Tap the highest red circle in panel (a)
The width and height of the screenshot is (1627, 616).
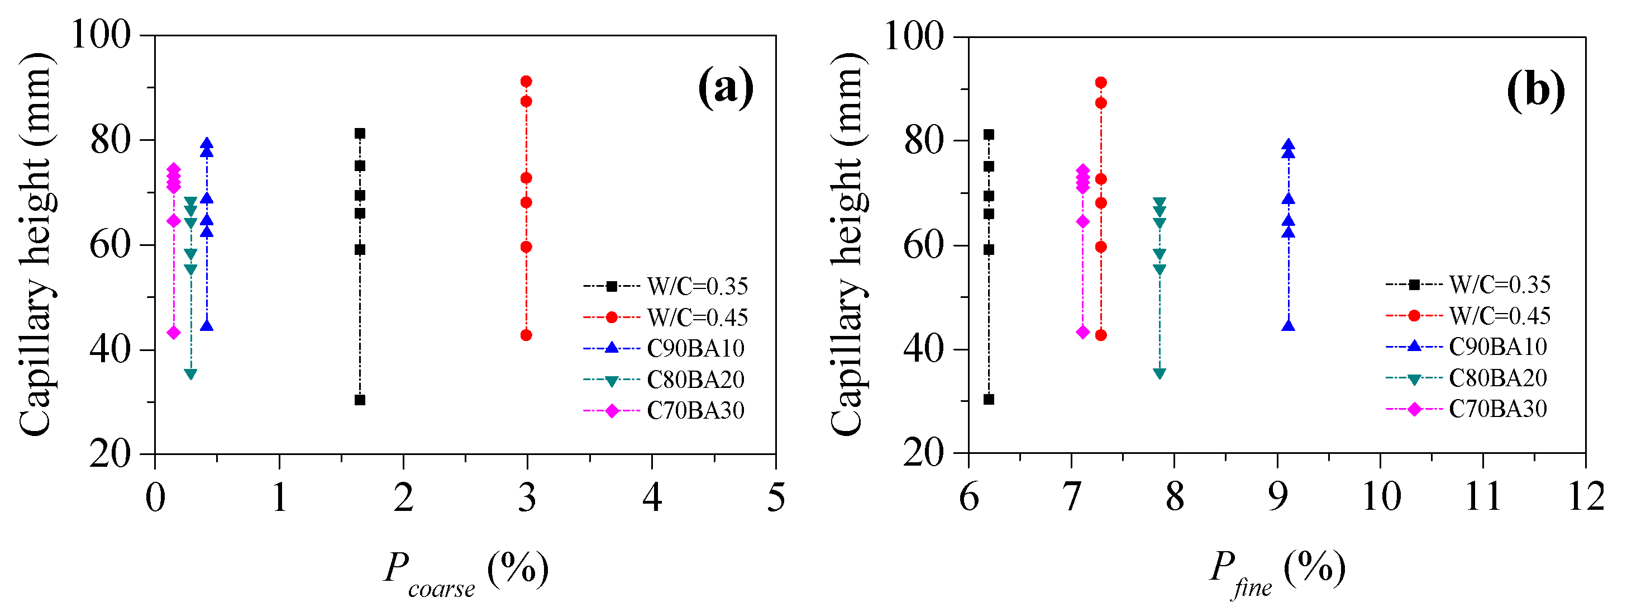(x=526, y=82)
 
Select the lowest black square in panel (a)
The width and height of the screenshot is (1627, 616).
(x=360, y=400)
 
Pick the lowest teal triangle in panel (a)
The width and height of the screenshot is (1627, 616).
(x=190, y=374)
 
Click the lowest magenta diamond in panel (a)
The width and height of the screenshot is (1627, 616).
(x=174, y=333)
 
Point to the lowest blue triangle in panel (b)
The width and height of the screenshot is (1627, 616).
(x=1289, y=326)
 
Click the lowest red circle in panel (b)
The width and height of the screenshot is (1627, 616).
(x=1101, y=335)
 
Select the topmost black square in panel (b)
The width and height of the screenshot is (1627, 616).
(x=989, y=135)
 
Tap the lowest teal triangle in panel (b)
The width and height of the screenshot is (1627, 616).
(x=1160, y=373)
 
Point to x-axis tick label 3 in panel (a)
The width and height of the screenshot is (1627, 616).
(x=527, y=497)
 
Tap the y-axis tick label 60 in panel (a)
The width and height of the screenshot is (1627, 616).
(x=110, y=245)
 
